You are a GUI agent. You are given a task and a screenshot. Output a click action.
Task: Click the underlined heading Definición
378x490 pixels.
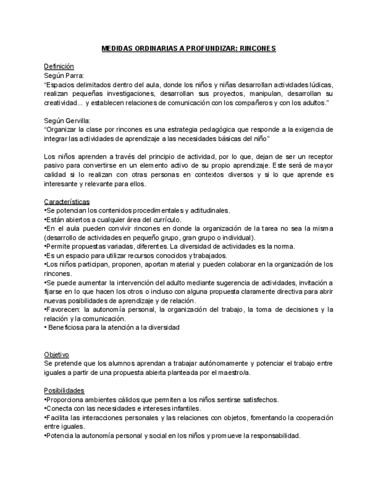[x=59, y=66]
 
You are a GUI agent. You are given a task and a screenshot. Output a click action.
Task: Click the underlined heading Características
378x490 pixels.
[x=66, y=202]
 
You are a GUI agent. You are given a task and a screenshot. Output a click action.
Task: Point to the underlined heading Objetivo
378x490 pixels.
[x=57, y=354]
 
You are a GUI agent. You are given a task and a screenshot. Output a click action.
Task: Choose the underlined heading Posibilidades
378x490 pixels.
[x=63, y=391]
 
